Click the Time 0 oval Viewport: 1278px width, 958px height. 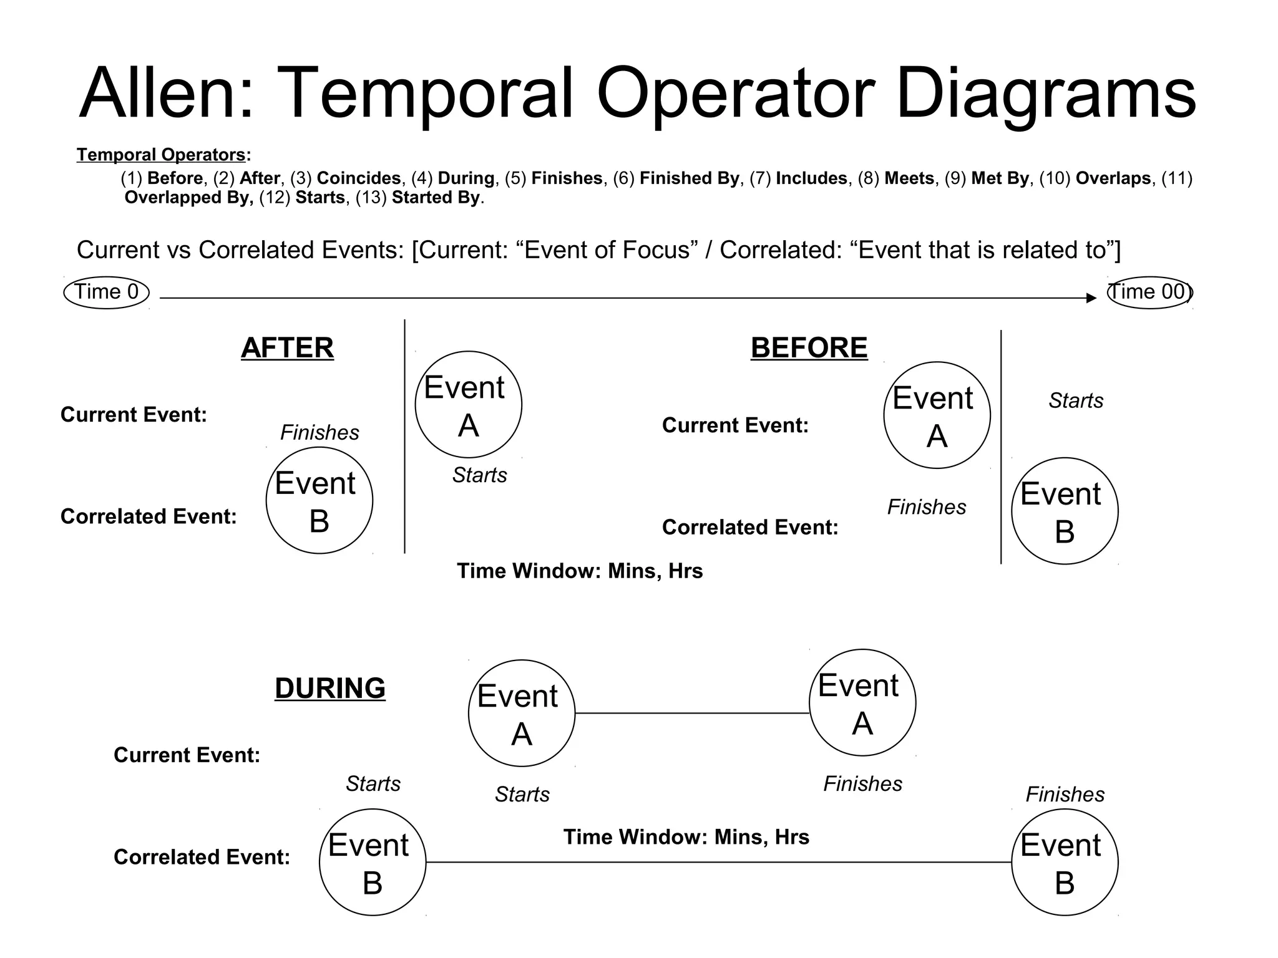[x=106, y=293]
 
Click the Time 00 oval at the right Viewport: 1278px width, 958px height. [x=1149, y=293]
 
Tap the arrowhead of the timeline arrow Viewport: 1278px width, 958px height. [x=1091, y=298]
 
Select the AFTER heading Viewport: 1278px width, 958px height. [x=287, y=348]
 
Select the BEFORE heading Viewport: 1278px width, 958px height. [x=809, y=348]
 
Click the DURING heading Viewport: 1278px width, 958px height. [x=329, y=689]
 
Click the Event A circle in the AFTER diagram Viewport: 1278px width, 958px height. [x=468, y=405]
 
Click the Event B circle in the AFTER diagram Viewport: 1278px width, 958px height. [x=319, y=500]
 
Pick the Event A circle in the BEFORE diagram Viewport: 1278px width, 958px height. [x=937, y=415]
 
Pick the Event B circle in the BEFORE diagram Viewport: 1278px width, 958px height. [x=1065, y=511]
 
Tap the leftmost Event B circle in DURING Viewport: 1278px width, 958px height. [x=373, y=862]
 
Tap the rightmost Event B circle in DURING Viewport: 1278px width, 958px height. [x=1065, y=862]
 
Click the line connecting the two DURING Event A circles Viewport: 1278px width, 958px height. [x=691, y=713]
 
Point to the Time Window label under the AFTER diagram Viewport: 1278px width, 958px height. [x=580, y=571]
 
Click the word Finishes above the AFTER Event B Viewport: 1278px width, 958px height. [x=319, y=432]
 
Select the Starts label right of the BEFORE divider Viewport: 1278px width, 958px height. [x=1076, y=400]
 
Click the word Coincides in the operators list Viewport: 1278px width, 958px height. [x=359, y=178]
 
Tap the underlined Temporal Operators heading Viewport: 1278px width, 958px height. [x=161, y=155]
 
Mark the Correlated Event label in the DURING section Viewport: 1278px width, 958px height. [x=202, y=857]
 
